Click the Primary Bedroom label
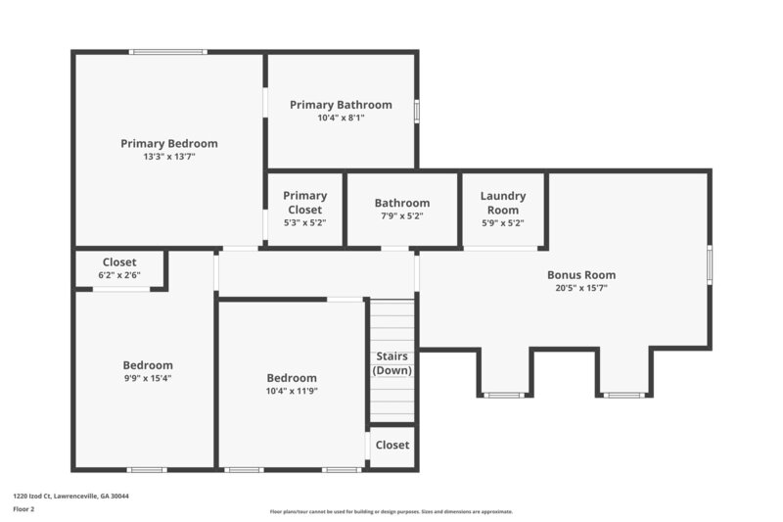click(x=168, y=143)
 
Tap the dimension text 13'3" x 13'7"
click(x=168, y=156)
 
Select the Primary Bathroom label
click(x=341, y=105)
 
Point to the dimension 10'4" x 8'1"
click(x=341, y=118)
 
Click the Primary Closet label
click(x=304, y=202)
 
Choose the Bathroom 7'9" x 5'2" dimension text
click(x=401, y=215)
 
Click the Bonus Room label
click(x=580, y=275)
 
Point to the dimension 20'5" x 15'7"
click(x=580, y=288)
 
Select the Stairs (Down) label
click(x=391, y=362)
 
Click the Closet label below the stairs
click(x=391, y=445)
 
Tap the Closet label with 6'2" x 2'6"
click(x=119, y=262)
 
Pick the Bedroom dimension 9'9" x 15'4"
click(x=147, y=378)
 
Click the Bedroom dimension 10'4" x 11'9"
click(x=292, y=391)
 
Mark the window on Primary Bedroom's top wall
click(x=167, y=52)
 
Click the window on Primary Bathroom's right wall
click(x=416, y=111)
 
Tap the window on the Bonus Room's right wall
click(x=709, y=264)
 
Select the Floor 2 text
click(x=23, y=509)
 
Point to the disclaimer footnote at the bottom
click(x=391, y=511)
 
